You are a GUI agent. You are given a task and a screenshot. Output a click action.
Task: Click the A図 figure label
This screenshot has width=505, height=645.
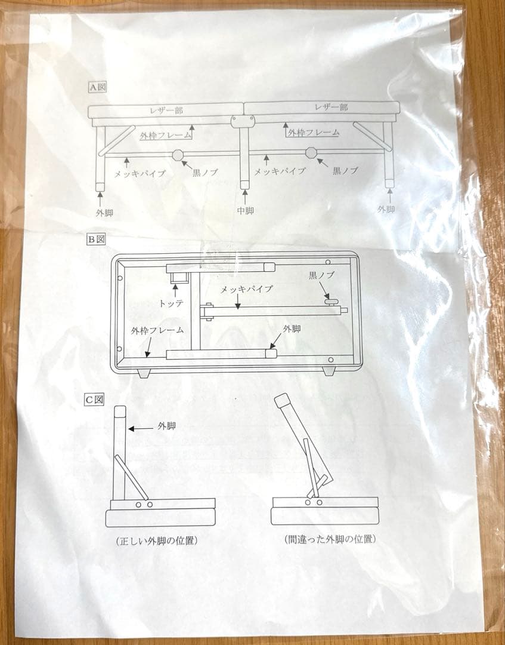[x=97, y=87]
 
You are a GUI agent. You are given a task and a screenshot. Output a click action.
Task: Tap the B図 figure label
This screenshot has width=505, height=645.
[x=97, y=239]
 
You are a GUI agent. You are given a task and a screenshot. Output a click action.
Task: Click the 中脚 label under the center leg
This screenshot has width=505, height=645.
[x=245, y=210]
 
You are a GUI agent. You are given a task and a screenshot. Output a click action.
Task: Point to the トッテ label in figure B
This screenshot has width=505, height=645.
[x=172, y=303]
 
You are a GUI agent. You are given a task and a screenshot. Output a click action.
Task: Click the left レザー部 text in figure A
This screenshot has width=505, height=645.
[x=166, y=110]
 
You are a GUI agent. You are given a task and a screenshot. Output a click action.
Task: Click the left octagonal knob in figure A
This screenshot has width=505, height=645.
[x=178, y=155]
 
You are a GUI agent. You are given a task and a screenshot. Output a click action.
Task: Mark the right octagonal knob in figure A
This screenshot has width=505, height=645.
[x=311, y=152]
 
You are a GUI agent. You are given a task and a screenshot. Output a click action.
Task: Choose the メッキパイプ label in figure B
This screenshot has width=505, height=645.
[x=247, y=289]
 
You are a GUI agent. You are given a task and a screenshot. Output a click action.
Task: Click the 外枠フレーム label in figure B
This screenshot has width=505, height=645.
[x=157, y=330]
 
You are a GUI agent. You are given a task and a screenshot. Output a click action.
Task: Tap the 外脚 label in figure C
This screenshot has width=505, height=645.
[x=166, y=426]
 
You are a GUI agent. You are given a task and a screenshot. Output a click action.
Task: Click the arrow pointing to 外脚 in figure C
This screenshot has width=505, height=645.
[x=141, y=428]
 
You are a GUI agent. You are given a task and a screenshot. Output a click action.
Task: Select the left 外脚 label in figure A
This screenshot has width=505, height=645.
[x=104, y=211]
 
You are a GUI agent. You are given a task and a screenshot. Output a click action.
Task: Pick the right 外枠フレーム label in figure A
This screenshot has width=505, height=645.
[x=314, y=133]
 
